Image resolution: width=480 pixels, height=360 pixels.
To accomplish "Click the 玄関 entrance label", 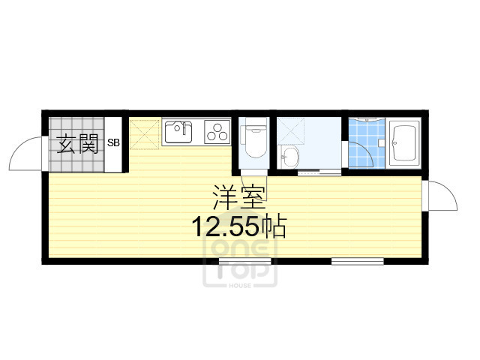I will click(79, 142).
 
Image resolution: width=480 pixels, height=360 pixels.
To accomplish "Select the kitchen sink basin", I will click(178, 133).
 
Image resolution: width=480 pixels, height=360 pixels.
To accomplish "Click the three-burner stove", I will click(217, 133).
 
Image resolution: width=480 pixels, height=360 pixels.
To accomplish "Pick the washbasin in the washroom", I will click(289, 157).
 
